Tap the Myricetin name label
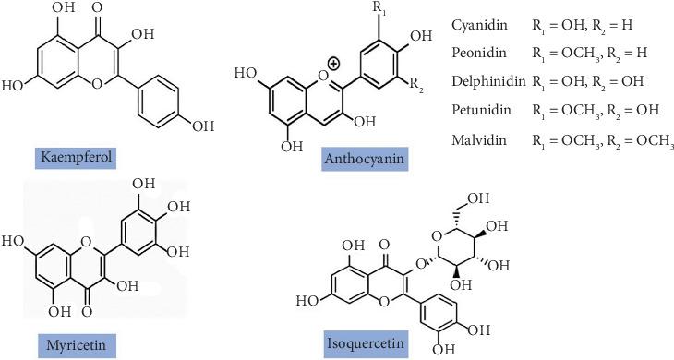point(76,345)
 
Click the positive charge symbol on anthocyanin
point(333,64)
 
